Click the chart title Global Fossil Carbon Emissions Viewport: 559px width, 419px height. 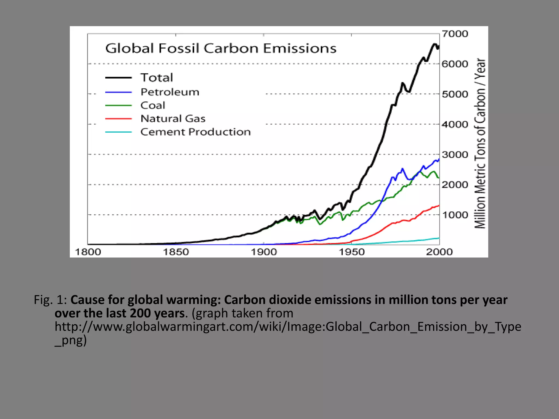click(x=221, y=48)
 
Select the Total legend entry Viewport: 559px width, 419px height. click(x=157, y=78)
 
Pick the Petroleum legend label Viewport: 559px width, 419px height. click(x=170, y=92)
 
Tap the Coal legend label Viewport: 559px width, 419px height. click(x=153, y=105)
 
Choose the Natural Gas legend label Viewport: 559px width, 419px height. click(x=173, y=118)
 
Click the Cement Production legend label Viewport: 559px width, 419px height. click(x=195, y=132)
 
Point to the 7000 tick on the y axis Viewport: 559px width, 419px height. click(x=455, y=34)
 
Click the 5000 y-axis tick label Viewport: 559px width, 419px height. click(x=455, y=94)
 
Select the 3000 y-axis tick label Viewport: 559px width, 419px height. click(x=455, y=155)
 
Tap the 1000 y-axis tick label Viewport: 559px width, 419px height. click(x=455, y=215)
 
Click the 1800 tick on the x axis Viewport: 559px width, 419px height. click(x=88, y=252)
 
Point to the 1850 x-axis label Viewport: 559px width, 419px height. click(x=176, y=252)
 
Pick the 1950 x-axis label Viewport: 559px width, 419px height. click(x=352, y=252)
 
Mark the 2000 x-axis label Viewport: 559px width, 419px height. click(x=439, y=252)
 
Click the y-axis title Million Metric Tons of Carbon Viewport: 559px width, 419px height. click(x=480, y=143)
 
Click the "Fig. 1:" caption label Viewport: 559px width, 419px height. click(x=50, y=300)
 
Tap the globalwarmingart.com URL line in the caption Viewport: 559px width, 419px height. click(x=288, y=327)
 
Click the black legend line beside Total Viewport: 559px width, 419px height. click(x=118, y=78)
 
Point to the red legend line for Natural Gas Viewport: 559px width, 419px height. click(x=118, y=119)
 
